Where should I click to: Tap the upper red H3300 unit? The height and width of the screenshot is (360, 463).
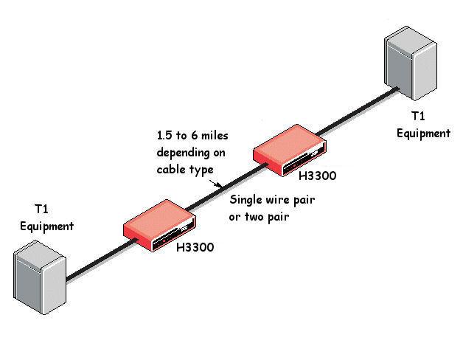pyautogui.click(x=288, y=153)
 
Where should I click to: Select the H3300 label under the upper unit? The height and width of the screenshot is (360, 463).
pyautogui.click(x=318, y=178)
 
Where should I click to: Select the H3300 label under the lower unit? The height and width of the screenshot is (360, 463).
pyautogui.click(x=195, y=248)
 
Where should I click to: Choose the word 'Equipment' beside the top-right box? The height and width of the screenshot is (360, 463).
pyautogui.click(x=423, y=134)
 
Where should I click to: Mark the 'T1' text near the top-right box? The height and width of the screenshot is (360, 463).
pyautogui.click(x=418, y=117)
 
